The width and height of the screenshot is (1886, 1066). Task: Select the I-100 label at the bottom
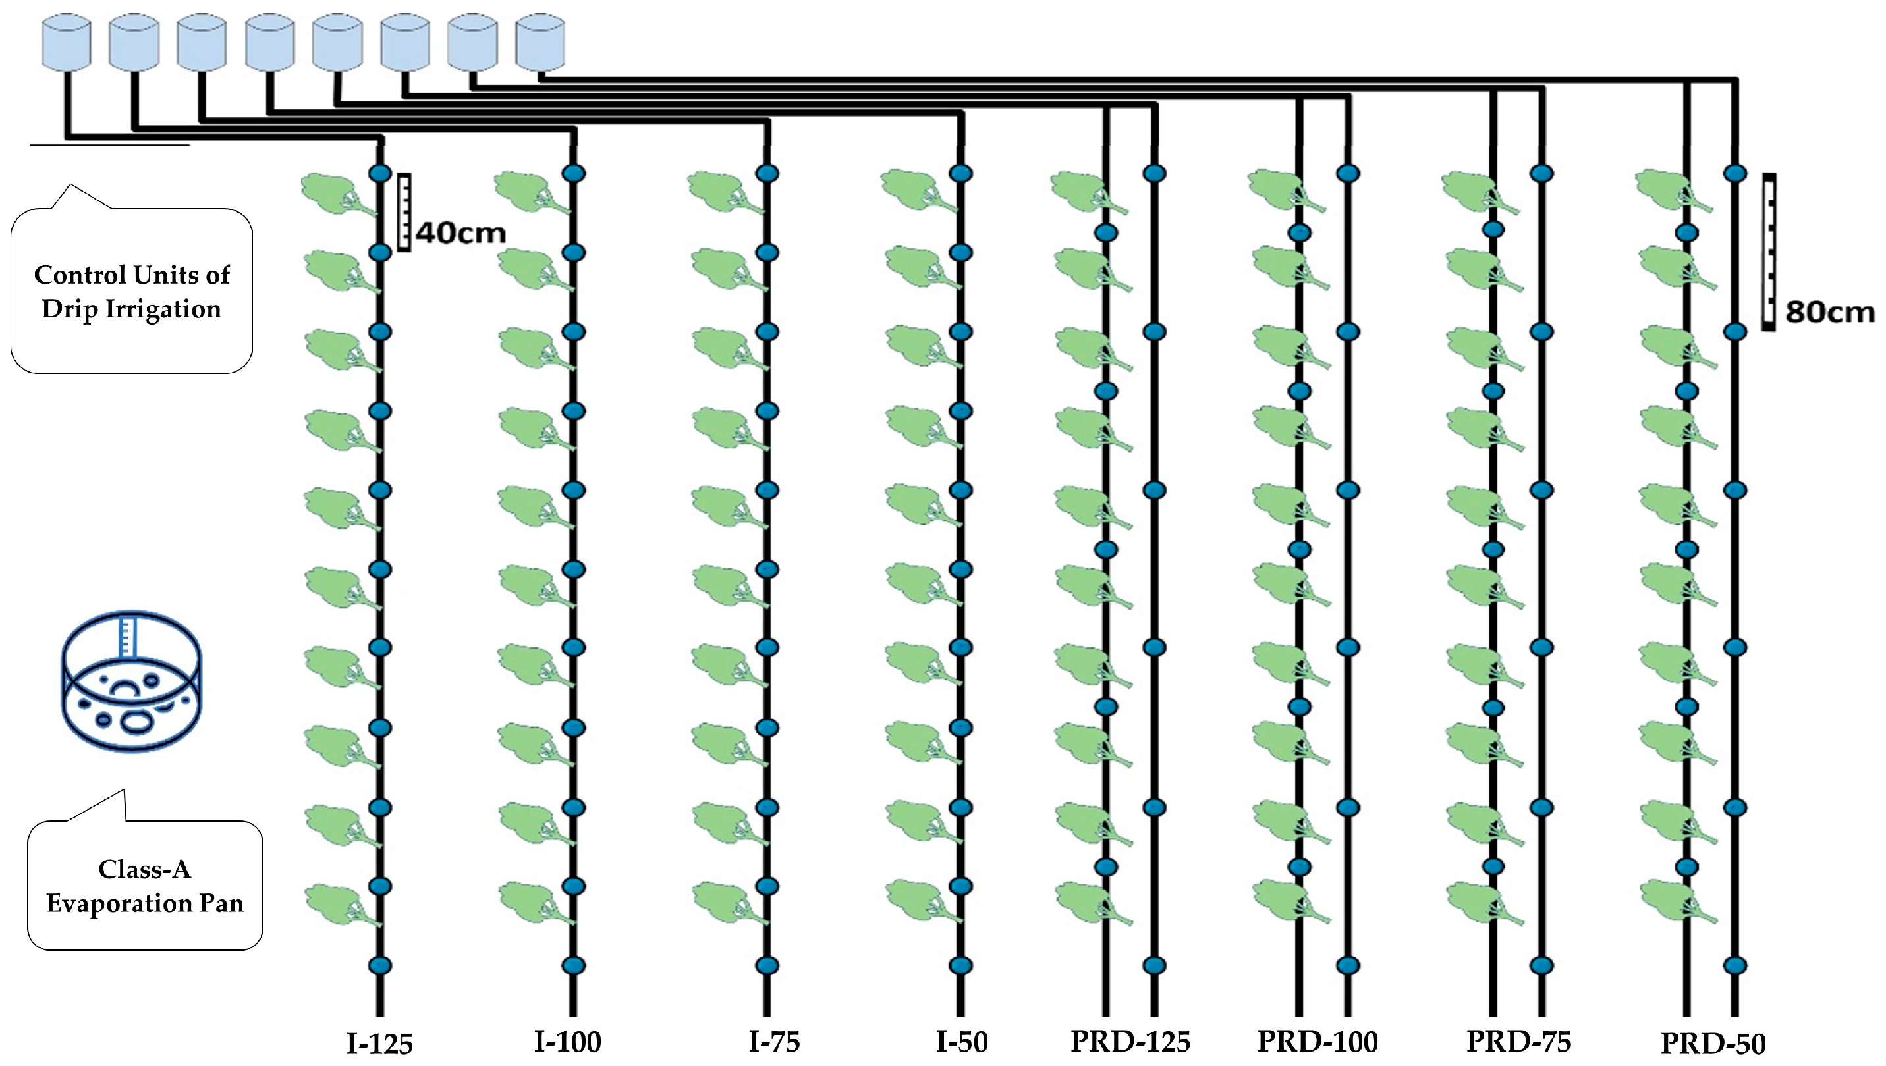[x=568, y=1042]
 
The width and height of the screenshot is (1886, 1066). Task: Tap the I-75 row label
[x=773, y=1042]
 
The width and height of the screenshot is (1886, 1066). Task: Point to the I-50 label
[x=962, y=1042]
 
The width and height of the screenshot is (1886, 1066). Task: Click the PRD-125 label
[x=1130, y=1042]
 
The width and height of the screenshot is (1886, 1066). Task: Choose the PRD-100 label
[x=1317, y=1042]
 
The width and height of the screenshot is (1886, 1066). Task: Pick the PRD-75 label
[x=1518, y=1042]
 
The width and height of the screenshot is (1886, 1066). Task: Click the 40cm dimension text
[x=460, y=233]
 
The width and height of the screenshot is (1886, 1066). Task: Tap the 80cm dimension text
[x=1829, y=312]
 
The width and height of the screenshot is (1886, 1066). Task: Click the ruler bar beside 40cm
[x=404, y=212]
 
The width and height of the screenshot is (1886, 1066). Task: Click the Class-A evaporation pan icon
[x=132, y=681]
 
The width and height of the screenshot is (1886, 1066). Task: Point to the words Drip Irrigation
[x=132, y=309]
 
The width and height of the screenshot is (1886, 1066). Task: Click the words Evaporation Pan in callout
[x=145, y=903]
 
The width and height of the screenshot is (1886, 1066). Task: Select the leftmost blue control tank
[x=66, y=44]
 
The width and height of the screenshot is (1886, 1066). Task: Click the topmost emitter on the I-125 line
[x=380, y=174]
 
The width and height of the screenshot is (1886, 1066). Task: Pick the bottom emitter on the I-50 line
[x=961, y=966]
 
